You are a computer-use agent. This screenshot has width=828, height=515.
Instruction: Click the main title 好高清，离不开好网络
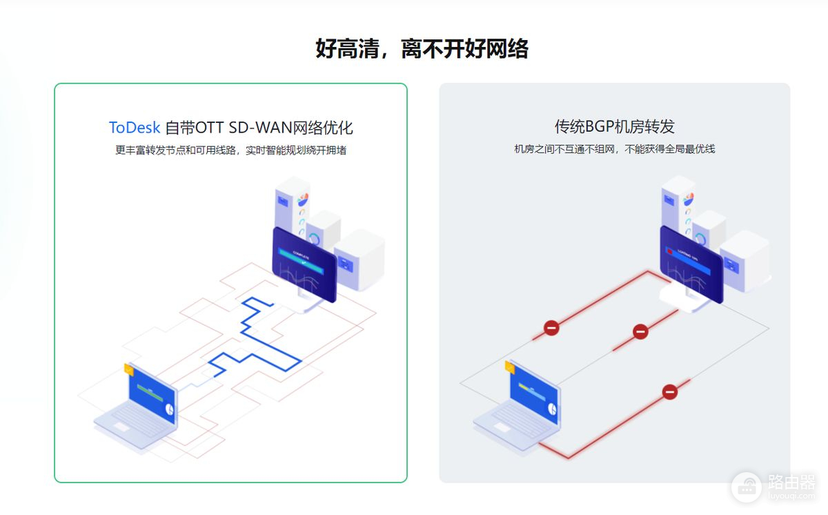(x=422, y=49)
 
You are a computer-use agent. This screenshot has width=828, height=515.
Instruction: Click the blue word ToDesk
(x=134, y=128)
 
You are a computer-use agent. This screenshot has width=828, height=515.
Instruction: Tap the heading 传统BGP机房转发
(x=614, y=126)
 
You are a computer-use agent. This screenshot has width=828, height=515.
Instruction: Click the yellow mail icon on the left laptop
(x=128, y=369)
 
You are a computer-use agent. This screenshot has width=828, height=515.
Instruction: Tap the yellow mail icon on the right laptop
(x=510, y=367)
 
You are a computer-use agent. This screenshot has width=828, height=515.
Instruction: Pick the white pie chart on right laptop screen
(x=551, y=408)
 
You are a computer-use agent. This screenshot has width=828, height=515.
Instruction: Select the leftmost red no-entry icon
(x=551, y=327)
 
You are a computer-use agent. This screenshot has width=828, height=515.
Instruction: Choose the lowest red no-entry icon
(x=669, y=391)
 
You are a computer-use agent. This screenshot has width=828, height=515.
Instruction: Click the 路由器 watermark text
(x=790, y=481)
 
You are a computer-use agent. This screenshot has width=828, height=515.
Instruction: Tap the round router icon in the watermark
(x=746, y=487)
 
